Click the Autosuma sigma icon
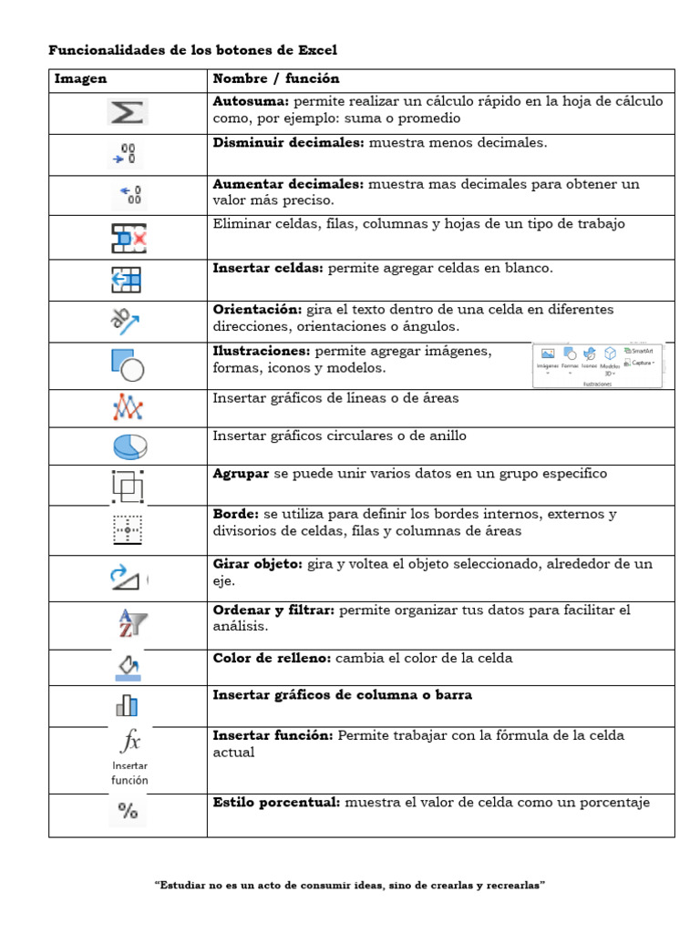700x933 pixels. tap(128, 112)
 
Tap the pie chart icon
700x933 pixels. tap(129, 446)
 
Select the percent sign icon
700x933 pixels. tap(129, 811)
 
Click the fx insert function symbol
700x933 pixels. tap(129, 740)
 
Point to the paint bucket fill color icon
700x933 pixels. tap(129, 666)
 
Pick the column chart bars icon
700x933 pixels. tap(127, 705)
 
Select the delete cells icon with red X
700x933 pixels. tap(129, 238)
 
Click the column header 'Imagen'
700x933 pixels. tap(80, 79)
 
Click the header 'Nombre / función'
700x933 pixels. tap(275, 79)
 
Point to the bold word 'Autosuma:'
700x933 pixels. tap(251, 101)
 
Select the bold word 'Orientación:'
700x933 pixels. tap(258, 310)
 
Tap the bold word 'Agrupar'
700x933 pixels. tap(241, 474)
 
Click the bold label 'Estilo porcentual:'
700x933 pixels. tap(276, 803)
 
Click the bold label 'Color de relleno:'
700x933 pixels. tap(272, 658)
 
